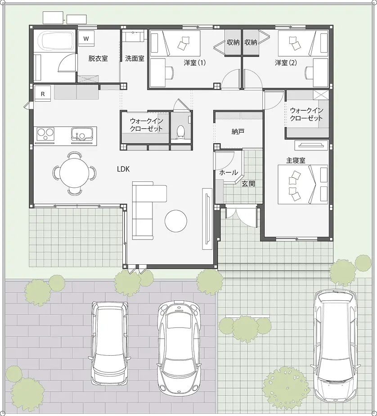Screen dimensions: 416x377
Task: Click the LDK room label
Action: [123, 169]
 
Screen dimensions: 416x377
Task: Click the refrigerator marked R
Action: [43, 94]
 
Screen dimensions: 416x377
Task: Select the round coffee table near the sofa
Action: [176, 221]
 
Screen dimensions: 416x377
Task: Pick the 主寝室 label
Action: [296, 160]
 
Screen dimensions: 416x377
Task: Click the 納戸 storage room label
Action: [238, 131]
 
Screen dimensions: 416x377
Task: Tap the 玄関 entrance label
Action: [248, 183]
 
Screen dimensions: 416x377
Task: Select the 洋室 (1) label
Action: [194, 63]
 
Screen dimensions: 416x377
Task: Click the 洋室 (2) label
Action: [286, 63]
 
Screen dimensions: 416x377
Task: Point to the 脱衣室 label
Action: [98, 58]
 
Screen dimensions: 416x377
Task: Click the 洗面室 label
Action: [134, 58]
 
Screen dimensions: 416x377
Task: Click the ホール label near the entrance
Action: [229, 172]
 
